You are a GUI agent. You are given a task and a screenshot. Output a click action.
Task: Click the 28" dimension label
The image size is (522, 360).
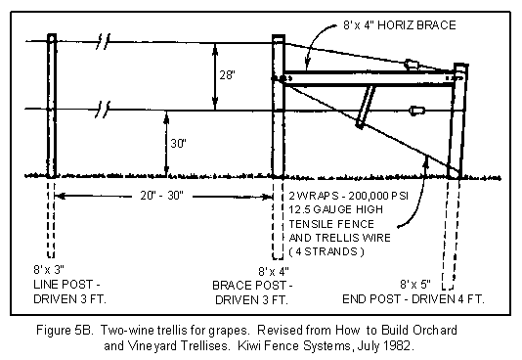pos(228,75)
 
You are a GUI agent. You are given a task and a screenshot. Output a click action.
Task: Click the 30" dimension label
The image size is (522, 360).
pos(179,143)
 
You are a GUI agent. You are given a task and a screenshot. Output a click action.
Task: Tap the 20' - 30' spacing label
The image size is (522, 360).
pos(162,195)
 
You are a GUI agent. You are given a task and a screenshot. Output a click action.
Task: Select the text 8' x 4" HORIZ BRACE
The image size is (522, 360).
pos(400,25)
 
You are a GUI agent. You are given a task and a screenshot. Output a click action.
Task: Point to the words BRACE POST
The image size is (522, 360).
pos(249,286)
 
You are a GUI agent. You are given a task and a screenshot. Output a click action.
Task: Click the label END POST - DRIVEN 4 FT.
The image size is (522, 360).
pos(413,299)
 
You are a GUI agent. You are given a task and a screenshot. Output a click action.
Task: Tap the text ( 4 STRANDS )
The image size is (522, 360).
pos(326,251)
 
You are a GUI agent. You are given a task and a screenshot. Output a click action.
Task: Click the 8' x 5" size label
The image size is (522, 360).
pos(415,285)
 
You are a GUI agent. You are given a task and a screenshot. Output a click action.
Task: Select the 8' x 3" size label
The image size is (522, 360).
pos(49,269)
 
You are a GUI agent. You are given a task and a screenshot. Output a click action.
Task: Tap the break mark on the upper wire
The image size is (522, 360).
pos(103,42)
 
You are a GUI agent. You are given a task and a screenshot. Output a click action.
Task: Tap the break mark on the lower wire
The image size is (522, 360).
pos(103,110)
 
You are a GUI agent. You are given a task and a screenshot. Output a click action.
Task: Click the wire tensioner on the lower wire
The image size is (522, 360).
pos(416,111)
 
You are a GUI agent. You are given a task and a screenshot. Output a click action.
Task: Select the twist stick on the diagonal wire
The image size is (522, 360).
pos(365,107)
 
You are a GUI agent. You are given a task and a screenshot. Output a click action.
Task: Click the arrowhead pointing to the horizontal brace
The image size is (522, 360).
pos(308,66)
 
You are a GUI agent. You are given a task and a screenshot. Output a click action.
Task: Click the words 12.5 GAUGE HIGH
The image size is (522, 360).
pos(335,209)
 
